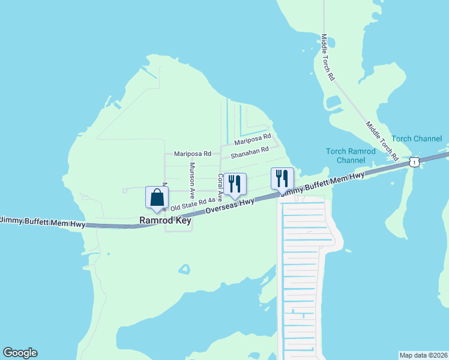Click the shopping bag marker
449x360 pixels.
157,199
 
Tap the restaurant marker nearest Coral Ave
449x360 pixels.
235,185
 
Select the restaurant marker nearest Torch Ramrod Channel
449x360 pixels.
282,179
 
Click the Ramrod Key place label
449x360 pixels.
165,221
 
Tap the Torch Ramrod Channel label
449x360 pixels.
351,155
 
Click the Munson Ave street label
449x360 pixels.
193,181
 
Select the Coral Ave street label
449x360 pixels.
220,188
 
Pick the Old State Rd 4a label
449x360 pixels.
193,205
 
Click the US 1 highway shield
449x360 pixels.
414,162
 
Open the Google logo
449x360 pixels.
20,353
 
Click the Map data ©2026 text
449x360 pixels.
423,355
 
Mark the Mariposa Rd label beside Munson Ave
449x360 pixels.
193,154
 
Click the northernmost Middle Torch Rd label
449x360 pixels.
327,58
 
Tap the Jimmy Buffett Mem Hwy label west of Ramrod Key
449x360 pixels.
42,222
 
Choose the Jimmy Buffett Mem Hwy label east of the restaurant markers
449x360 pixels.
322,184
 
